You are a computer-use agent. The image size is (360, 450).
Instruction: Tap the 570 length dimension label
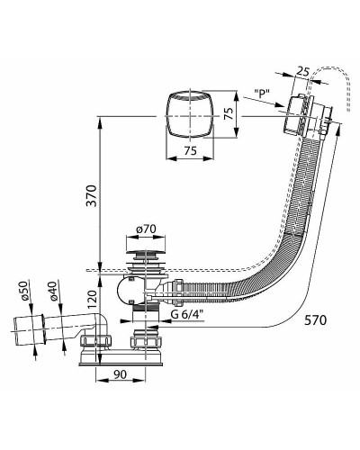[315, 320]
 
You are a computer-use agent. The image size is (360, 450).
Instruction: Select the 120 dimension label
[94, 300]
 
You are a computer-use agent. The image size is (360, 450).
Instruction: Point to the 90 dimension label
[120, 373]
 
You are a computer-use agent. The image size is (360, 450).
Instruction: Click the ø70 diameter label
[146, 229]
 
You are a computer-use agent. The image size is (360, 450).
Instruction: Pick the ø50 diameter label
[24, 291]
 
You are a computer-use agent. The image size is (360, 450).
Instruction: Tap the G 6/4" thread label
[187, 314]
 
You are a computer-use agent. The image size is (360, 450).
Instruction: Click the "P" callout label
[262, 94]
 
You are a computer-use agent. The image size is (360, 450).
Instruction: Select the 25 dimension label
[302, 72]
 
